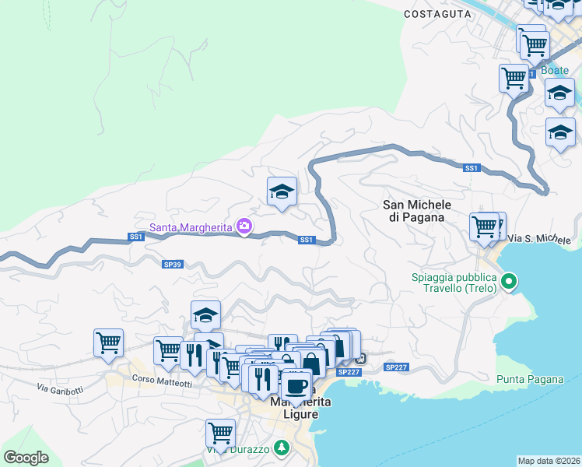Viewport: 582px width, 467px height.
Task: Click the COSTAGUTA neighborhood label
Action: pos(437,14)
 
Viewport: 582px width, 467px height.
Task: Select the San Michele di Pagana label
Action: pos(414,211)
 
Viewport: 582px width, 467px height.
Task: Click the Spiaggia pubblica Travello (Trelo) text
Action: pos(454,284)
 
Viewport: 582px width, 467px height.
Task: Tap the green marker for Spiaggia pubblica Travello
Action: pos(510,280)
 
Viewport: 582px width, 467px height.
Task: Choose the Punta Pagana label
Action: pos(529,380)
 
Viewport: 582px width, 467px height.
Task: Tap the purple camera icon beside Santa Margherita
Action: pos(245,226)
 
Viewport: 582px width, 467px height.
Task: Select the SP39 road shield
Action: pos(172,265)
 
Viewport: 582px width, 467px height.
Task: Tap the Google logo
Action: pos(26,458)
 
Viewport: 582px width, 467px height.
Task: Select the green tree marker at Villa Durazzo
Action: pos(282,448)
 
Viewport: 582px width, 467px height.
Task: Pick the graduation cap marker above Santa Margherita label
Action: pos(282,191)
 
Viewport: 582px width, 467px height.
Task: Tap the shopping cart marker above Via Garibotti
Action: pos(108,342)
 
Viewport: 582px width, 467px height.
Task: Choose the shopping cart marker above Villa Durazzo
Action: pos(221,433)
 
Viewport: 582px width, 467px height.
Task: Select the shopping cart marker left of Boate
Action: pos(514,77)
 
